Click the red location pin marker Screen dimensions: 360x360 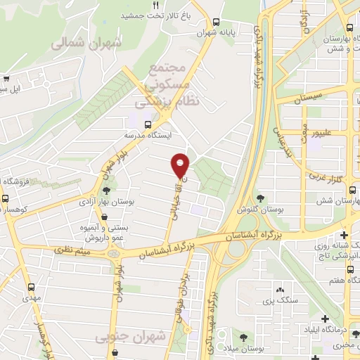(181, 165)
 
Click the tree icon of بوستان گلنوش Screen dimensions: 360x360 (261, 199)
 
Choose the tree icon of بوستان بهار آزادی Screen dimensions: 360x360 (107, 190)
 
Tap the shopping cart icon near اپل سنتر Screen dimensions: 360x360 (6, 79)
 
